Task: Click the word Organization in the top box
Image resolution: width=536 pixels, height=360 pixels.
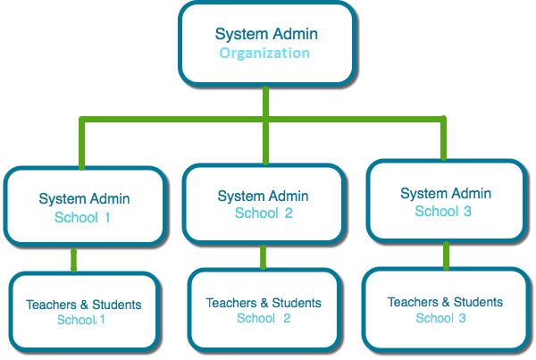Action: pyautogui.click(x=265, y=54)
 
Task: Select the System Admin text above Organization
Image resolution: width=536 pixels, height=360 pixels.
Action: pyautogui.click(x=265, y=34)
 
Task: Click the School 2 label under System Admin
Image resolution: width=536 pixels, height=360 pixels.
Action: pyautogui.click(x=264, y=213)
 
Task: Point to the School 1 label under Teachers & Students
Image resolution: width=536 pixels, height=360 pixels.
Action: pyautogui.click(x=81, y=320)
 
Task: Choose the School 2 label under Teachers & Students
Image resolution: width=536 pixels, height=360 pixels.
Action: pyautogui.click(x=264, y=318)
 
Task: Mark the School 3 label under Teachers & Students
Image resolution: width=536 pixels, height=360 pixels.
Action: pyautogui.click(x=440, y=317)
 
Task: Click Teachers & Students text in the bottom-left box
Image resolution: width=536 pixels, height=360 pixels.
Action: pyautogui.click(x=83, y=305)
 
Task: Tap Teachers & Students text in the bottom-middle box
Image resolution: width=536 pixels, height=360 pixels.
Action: pyautogui.click(x=264, y=303)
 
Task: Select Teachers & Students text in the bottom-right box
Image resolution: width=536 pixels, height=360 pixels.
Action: pyautogui.click(x=445, y=302)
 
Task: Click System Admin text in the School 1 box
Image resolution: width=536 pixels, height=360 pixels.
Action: pyautogui.click(x=84, y=198)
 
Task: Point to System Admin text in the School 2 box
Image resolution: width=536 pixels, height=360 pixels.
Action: pyautogui.click(x=264, y=196)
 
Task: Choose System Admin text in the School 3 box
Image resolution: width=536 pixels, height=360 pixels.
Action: pyautogui.click(x=445, y=193)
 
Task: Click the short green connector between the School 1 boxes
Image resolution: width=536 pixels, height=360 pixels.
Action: pyautogui.click(x=74, y=259)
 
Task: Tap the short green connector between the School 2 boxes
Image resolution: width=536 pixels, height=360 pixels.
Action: pyautogui.click(x=263, y=256)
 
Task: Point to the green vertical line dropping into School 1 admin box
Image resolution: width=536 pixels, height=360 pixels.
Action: pyautogui.click(x=82, y=143)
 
